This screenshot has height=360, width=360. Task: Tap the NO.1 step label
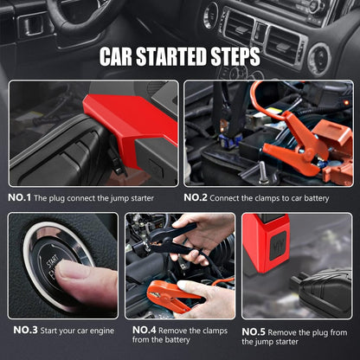(20, 197)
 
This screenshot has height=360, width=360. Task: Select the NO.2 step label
(196, 197)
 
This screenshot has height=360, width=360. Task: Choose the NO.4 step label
(144, 330)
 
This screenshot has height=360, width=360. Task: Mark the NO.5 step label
(254, 331)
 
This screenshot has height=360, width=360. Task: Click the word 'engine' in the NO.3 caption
(99, 330)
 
